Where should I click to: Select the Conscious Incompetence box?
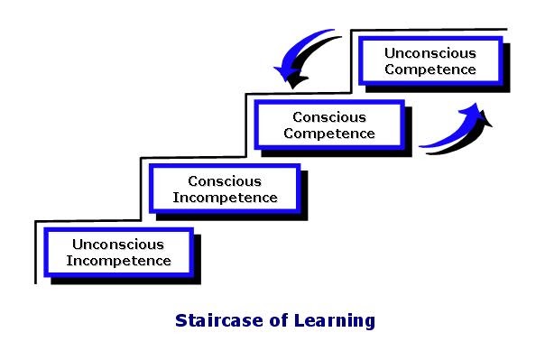(225, 189)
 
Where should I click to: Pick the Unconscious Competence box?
(430, 61)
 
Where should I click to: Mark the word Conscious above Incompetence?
(225, 180)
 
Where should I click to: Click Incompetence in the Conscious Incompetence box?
(225, 197)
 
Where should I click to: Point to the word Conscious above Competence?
(328, 117)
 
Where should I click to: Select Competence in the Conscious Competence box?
(328, 134)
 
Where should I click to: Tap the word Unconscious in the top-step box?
(430, 53)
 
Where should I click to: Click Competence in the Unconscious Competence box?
(430, 69)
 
